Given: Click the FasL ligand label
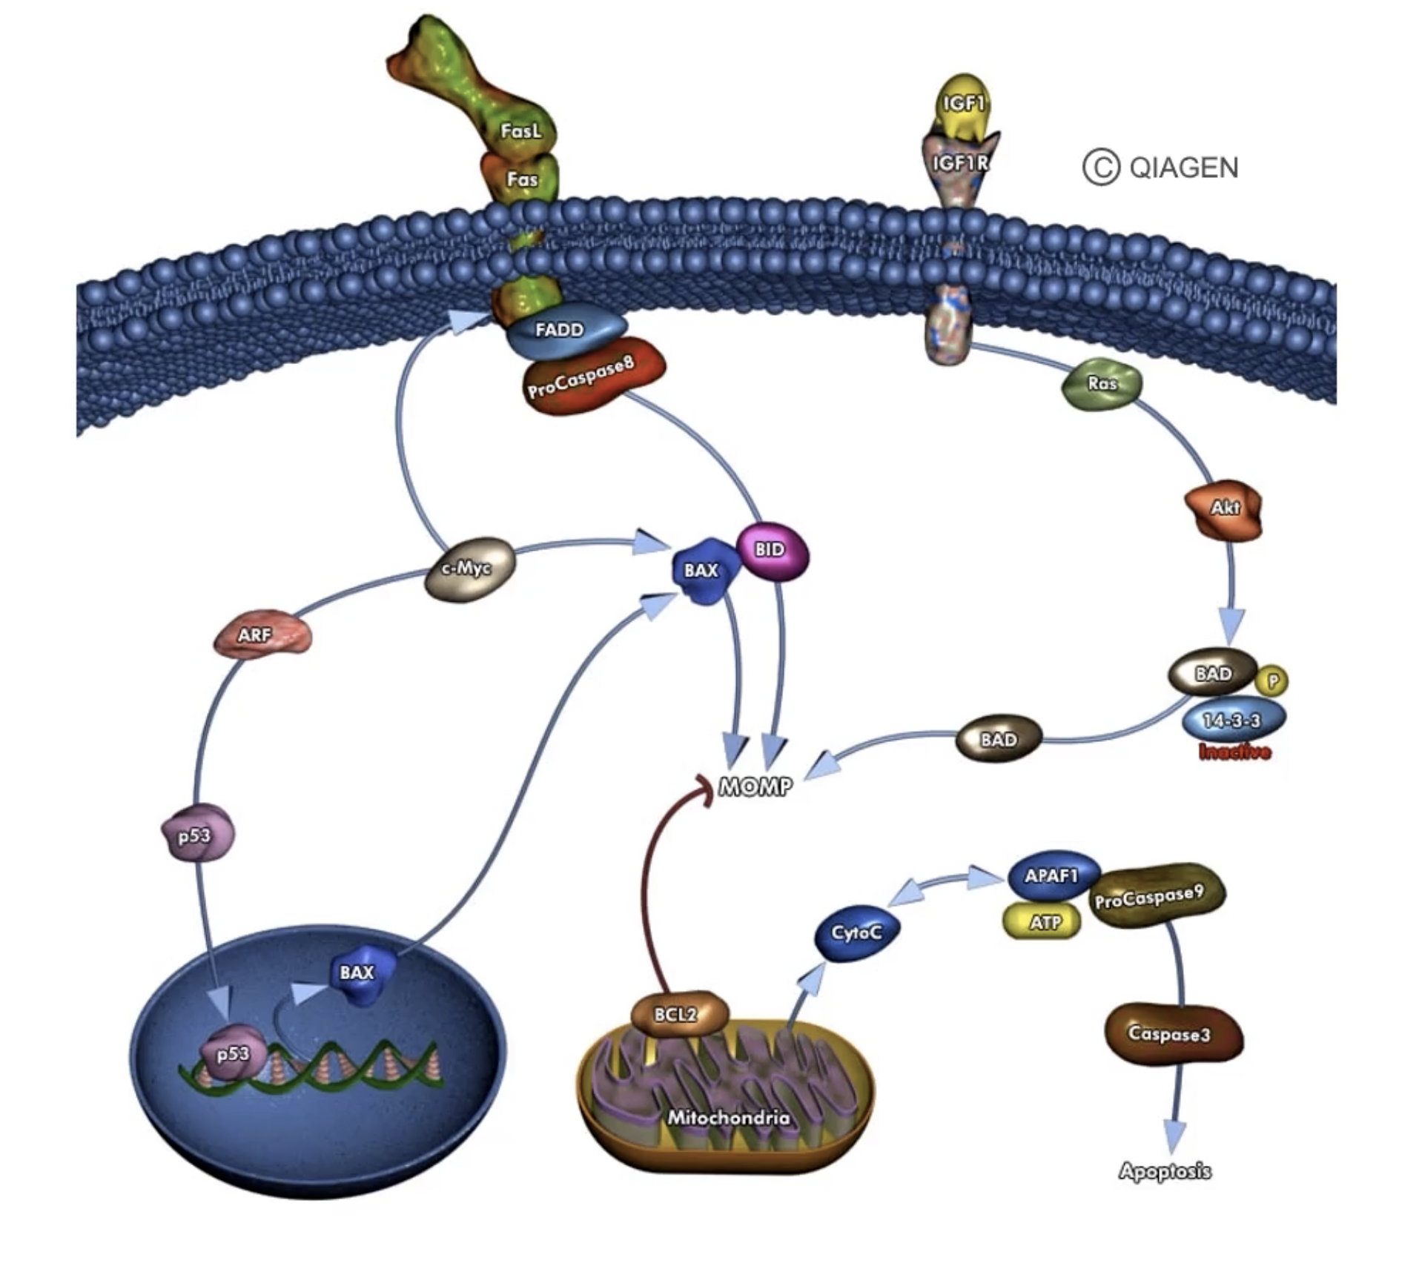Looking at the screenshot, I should click(520, 131).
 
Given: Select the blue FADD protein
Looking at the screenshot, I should click(563, 331).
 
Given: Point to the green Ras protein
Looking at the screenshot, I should click(1102, 383).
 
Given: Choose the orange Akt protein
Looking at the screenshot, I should click(1224, 508).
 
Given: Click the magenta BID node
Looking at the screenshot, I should click(771, 550).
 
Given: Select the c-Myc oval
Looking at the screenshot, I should click(468, 568).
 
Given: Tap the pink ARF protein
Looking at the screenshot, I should click(259, 635).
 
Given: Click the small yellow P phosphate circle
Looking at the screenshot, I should click(1273, 681).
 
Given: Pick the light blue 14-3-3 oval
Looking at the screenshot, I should click(1232, 720).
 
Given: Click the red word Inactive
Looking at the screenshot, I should click(1234, 752).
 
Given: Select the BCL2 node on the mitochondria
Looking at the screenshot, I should click(677, 1013).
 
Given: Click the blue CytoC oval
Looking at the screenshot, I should click(857, 932).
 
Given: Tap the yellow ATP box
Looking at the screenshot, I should click(1042, 923).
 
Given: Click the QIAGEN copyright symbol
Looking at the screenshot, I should click(1101, 168).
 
